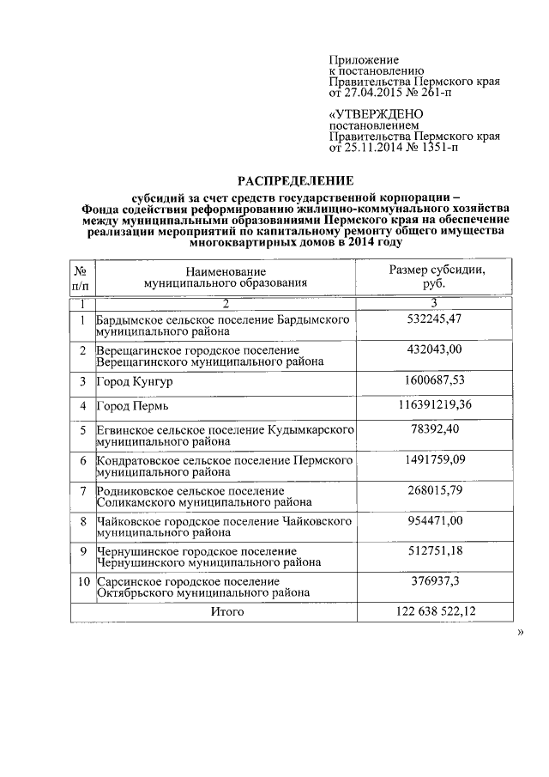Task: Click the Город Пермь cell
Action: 129,405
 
